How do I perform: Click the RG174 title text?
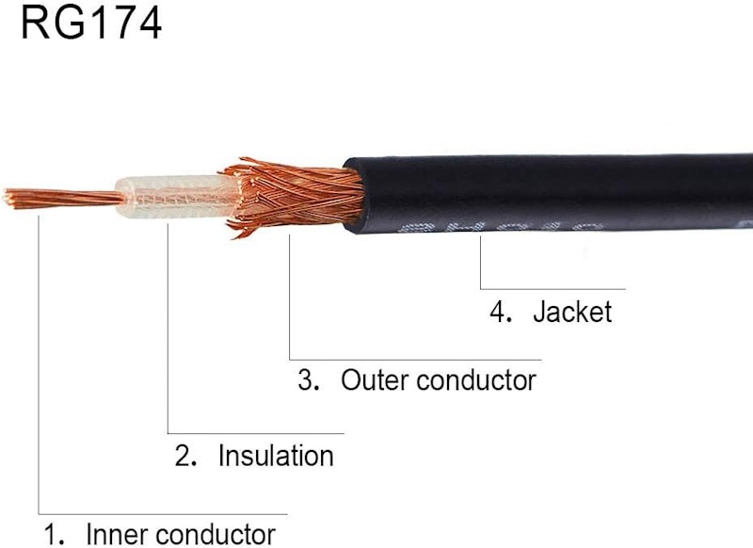coord(91,23)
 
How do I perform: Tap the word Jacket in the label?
coord(572,313)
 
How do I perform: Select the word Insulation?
coord(276,456)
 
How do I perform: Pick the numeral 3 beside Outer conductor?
coord(307,380)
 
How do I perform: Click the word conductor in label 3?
coord(476,380)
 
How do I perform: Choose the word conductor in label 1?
coord(216,534)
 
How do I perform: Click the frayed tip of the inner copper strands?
coord(8,198)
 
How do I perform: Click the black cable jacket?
coord(548,193)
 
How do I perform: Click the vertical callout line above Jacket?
coord(480,262)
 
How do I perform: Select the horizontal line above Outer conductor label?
coord(415,360)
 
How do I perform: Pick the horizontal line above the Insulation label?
coord(256,434)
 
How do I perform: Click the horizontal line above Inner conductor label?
coord(163,514)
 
